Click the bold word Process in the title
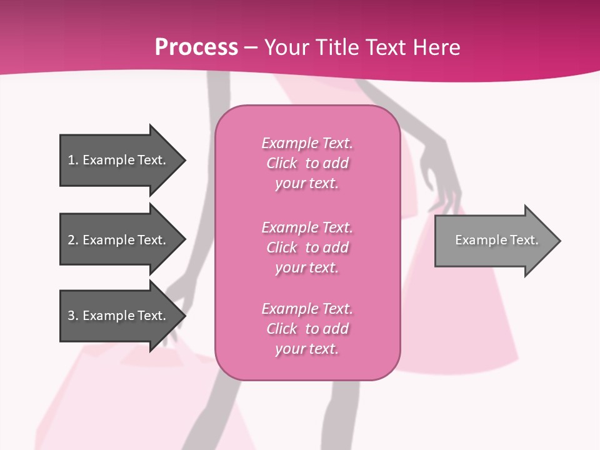click(196, 47)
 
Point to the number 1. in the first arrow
click(73, 160)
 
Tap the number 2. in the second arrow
click(73, 240)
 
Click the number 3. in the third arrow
click(73, 316)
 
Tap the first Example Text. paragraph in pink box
click(307, 163)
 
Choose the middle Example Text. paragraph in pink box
click(307, 247)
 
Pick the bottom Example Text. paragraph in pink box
click(307, 329)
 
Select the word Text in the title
click(385, 47)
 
